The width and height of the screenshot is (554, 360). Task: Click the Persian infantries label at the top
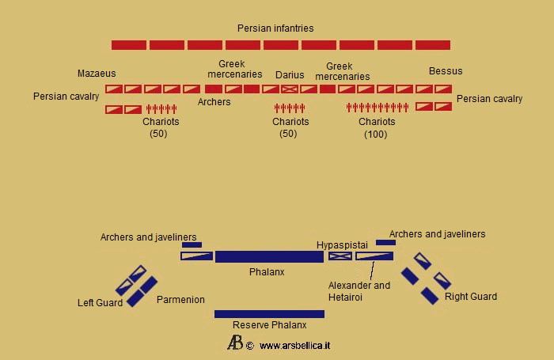pyautogui.click(x=275, y=28)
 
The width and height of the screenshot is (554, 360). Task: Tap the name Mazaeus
pyautogui.click(x=97, y=74)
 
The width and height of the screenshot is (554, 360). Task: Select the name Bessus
pyautogui.click(x=446, y=71)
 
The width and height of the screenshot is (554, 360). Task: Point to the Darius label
pyautogui.click(x=290, y=75)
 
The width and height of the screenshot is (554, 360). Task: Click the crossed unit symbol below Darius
pyautogui.click(x=290, y=89)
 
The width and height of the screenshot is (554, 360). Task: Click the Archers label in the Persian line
pyautogui.click(x=214, y=102)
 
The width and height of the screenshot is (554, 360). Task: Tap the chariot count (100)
pyautogui.click(x=376, y=135)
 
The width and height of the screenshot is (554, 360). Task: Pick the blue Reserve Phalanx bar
pyautogui.click(x=269, y=314)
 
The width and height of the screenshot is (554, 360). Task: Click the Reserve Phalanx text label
pyautogui.click(x=269, y=325)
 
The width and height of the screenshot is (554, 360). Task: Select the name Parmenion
pyautogui.click(x=180, y=300)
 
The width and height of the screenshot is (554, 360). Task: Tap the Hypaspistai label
pyautogui.click(x=343, y=244)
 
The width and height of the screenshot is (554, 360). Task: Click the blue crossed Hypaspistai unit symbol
pyautogui.click(x=340, y=256)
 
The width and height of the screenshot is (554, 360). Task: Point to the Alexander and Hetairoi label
pyautogui.click(x=359, y=291)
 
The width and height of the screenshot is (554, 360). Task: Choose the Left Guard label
pyautogui.click(x=101, y=302)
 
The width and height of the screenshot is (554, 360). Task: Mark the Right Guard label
pyautogui.click(x=471, y=297)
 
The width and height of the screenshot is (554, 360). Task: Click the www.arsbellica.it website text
pyautogui.click(x=294, y=346)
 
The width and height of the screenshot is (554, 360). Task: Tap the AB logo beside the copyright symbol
pyautogui.click(x=235, y=343)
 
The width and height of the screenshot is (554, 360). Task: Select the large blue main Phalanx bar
pyautogui.click(x=269, y=256)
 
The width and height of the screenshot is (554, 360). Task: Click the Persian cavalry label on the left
pyautogui.click(x=66, y=97)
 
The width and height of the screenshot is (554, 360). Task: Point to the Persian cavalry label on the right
pyautogui.click(x=490, y=99)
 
